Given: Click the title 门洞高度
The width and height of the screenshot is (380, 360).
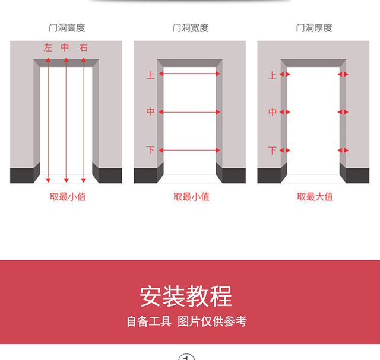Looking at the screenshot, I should click(66, 28).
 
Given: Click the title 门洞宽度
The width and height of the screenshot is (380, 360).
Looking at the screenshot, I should click(190, 28).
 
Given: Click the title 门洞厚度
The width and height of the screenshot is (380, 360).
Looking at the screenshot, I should click(314, 28).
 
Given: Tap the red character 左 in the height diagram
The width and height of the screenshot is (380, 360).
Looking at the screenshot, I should click(48, 47).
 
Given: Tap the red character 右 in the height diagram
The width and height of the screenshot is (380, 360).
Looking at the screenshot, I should click(84, 47).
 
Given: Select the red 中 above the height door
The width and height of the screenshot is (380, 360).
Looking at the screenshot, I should click(65, 47).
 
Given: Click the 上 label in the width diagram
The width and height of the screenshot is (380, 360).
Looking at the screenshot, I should click(150, 75).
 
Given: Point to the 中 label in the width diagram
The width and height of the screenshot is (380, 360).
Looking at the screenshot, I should click(150, 111).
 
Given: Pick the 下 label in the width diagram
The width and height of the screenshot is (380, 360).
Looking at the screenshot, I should click(150, 150).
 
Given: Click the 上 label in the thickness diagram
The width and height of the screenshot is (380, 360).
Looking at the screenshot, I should click(273, 75).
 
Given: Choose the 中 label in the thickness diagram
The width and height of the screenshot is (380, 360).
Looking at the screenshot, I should click(273, 111).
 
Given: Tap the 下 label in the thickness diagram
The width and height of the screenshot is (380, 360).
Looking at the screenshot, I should click(273, 150).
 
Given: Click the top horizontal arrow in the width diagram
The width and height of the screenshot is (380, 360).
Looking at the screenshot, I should click(190, 74).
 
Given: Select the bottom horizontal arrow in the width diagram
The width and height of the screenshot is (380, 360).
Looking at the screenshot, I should click(190, 150).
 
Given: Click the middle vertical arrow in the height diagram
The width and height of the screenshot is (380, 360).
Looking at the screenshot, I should click(66, 119).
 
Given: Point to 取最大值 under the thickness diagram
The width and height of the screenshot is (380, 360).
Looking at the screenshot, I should click(315, 196).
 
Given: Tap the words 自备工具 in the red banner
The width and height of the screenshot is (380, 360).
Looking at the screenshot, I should click(148, 321).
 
